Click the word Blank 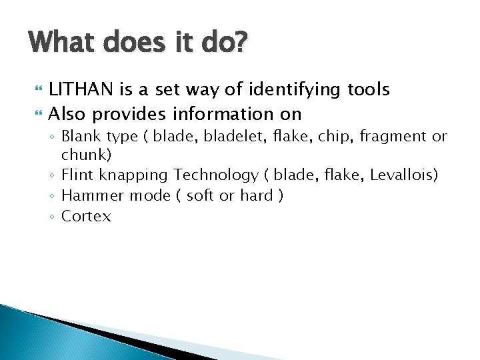tap(81, 137)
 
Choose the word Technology tap(216, 175)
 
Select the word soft tap(200, 195)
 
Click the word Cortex tap(86, 216)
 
